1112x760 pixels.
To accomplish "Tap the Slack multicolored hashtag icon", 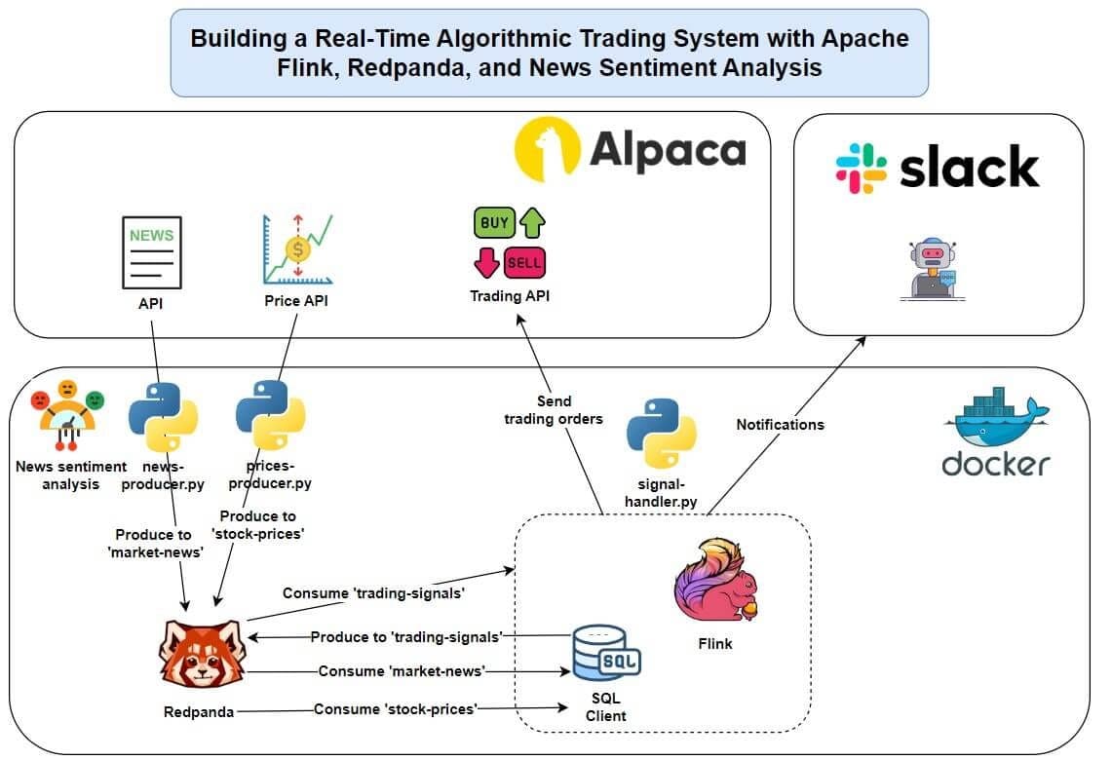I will point(861,168).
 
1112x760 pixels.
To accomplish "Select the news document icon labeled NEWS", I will point(152,252).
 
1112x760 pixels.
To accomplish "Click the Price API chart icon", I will point(296,248).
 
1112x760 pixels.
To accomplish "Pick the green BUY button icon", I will point(495,223).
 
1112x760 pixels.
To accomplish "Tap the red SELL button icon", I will point(524,263).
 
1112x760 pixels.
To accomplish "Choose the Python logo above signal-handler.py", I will point(661,433).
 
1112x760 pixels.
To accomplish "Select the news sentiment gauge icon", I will point(67,413).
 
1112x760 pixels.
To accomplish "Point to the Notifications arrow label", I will point(780,425).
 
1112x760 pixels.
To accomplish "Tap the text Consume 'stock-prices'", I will point(396,709).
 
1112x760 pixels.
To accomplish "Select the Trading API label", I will point(510,296).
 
